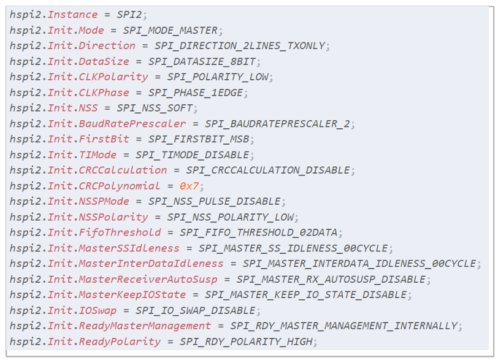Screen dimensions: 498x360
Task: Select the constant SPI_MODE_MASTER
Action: coord(170,30)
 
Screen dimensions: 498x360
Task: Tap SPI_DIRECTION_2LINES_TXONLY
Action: coord(242,45)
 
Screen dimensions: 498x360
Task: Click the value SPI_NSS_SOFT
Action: coord(156,108)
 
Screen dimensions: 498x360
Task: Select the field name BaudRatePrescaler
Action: coord(131,123)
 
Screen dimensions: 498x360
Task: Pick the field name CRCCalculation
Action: coord(122,170)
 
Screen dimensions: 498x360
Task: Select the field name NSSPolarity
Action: coord(113,217)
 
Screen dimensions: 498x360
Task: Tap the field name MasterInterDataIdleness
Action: coord(150,264)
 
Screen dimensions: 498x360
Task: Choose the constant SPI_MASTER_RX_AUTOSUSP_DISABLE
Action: coord(323,279)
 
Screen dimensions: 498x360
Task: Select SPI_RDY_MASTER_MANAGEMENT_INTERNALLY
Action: coord(343,326)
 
